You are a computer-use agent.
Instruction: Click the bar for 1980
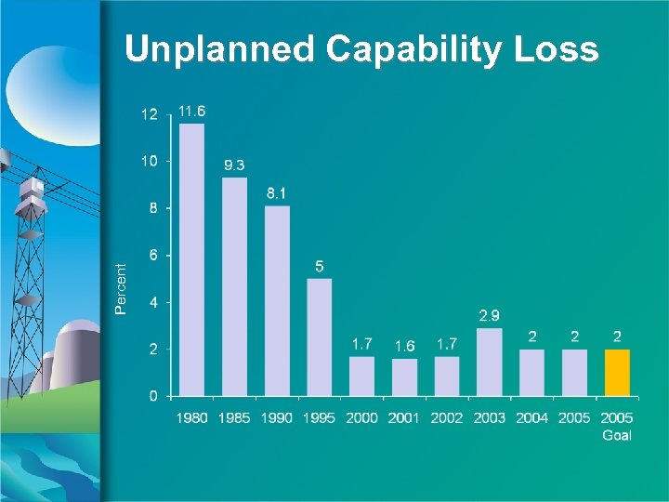coord(191,259)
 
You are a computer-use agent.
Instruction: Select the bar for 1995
coord(319,337)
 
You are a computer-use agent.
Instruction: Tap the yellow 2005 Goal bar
coord(617,372)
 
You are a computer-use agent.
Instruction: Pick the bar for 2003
coord(490,362)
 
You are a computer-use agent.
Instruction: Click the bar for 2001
coord(404,376)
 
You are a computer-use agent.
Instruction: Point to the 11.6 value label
coord(192,112)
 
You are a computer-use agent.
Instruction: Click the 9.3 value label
coord(235,165)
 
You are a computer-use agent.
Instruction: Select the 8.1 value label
coord(277,193)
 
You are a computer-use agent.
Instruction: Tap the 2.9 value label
coord(490,316)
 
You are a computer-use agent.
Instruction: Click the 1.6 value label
coord(404,346)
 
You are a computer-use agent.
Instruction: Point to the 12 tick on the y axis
coord(149,114)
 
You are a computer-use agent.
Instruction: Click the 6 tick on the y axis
coord(152,255)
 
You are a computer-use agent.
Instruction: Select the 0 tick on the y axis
coord(152,396)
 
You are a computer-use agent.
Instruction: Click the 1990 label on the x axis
coord(277,418)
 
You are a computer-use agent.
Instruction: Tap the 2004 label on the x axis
coord(532,418)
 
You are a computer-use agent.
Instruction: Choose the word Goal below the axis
coord(617,435)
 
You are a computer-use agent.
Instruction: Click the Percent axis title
coord(120,287)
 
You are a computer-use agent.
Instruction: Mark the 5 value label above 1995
coord(320,267)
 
